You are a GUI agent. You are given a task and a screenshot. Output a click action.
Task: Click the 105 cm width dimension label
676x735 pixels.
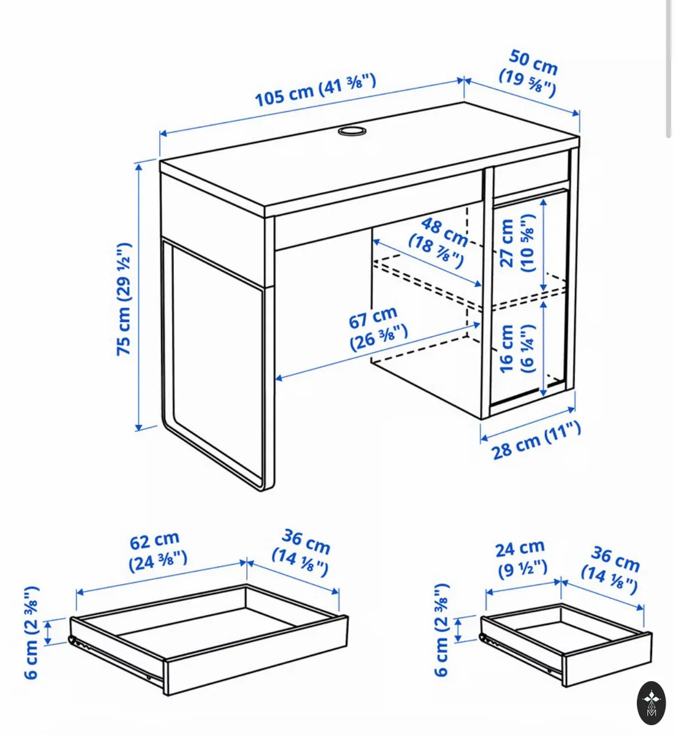[315, 90]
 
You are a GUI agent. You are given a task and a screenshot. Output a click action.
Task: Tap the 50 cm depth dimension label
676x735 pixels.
[529, 73]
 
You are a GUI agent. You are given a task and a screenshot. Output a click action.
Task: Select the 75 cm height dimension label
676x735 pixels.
[124, 300]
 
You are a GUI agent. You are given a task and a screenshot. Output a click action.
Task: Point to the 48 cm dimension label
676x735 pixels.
[438, 241]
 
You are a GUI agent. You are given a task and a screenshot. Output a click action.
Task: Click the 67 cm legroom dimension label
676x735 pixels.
[378, 328]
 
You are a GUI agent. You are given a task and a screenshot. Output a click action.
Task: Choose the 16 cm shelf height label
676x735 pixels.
[517, 349]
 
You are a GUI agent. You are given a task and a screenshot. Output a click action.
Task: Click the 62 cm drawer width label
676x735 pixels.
[158, 551]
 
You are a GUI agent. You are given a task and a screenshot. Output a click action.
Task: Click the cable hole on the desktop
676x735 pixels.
[352, 131]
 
